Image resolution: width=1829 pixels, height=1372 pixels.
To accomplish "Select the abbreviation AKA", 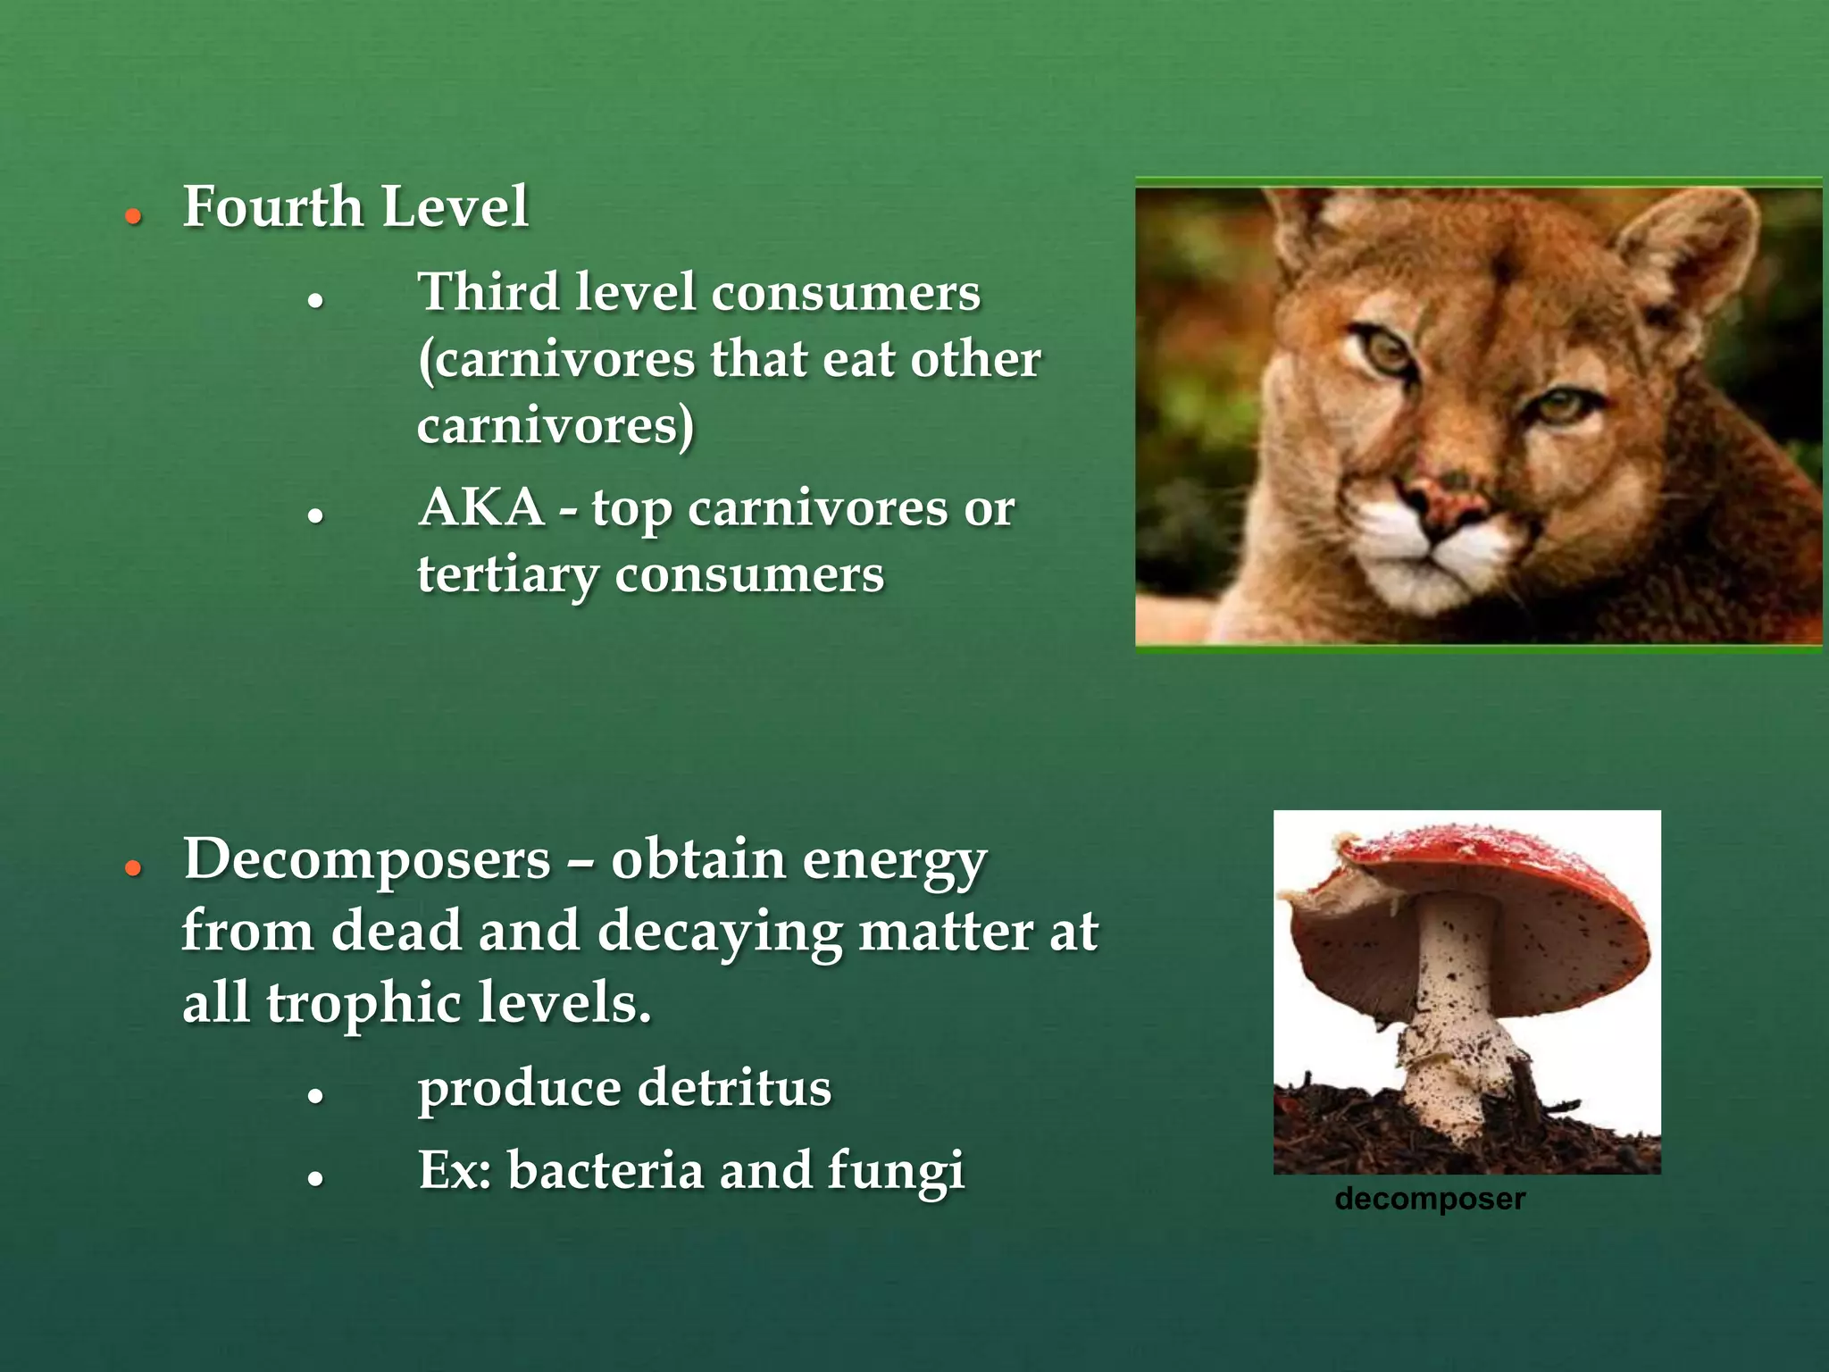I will click(x=481, y=508).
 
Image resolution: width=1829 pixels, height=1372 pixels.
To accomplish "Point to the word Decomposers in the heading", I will click(x=366, y=860).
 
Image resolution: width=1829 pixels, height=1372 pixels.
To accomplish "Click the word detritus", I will click(x=734, y=1089).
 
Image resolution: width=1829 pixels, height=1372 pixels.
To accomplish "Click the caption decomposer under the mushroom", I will click(x=1429, y=1199).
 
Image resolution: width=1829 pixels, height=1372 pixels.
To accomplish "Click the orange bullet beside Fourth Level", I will click(x=134, y=216).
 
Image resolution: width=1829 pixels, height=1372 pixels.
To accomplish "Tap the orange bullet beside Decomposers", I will click(x=134, y=867).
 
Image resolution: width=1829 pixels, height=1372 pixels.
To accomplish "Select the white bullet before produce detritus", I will click(x=314, y=1096).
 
